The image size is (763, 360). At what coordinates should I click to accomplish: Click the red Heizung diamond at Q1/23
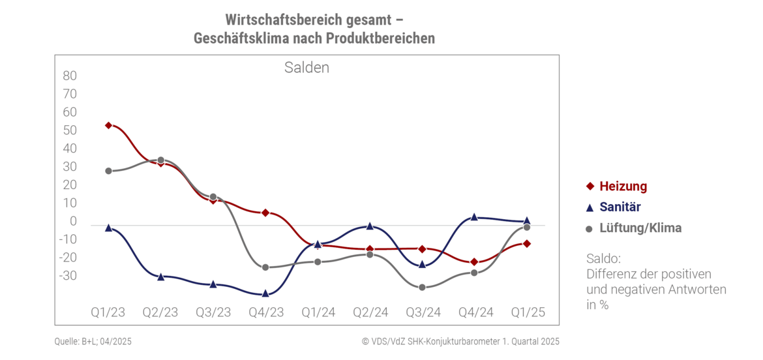tap(108, 125)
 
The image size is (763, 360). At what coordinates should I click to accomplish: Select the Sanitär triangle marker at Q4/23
tap(265, 293)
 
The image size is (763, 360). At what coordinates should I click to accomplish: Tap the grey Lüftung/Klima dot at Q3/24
tap(422, 287)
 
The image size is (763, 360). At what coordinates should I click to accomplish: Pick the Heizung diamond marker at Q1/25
tap(526, 244)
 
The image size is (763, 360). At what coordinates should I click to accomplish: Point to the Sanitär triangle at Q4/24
tap(474, 217)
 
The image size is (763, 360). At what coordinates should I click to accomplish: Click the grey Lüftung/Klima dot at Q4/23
tap(265, 267)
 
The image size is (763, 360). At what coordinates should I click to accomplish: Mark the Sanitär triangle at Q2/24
tap(370, 226)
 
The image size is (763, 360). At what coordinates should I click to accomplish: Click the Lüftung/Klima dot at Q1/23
tap(108, 171)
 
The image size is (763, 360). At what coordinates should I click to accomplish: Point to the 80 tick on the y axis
tap(70, 76)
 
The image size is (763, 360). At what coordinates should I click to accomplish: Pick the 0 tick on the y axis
tap(73, 222)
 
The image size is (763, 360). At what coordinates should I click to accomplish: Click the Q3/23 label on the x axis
tap(213, 312)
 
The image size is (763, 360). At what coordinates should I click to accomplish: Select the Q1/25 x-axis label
tap(527, 312)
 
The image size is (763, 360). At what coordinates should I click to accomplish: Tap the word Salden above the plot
tap(307, 68)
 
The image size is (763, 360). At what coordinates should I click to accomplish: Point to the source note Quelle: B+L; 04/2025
tap(93, 341)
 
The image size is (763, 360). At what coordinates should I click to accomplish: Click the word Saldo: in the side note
tap(605, 258)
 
